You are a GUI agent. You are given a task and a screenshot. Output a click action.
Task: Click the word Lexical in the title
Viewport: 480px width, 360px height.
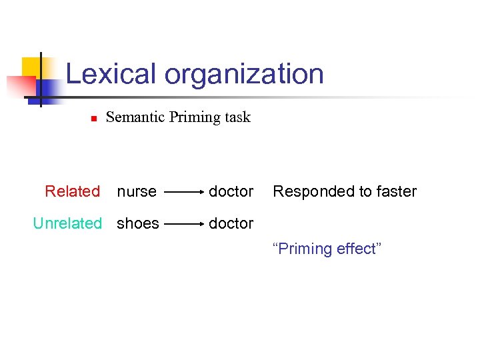113,74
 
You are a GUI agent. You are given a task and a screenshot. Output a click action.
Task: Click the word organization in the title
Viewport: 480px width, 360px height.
244,75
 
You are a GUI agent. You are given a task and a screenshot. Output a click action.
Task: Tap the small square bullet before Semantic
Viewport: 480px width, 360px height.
93,119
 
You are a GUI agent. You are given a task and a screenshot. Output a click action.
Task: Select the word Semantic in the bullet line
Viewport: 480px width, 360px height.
135,117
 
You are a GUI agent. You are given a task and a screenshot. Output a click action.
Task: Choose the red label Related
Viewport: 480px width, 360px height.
72,191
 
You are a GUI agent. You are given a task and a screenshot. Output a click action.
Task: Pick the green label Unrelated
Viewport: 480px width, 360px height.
67,223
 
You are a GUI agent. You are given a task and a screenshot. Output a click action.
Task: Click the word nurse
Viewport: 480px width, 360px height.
137,191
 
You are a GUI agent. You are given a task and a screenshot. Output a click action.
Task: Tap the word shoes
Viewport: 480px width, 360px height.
138,223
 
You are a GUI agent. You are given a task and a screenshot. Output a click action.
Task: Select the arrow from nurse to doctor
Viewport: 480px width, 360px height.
184,192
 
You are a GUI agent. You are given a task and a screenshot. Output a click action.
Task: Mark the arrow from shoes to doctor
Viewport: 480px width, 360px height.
184,224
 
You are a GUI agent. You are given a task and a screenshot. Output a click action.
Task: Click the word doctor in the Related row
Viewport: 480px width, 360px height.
231,191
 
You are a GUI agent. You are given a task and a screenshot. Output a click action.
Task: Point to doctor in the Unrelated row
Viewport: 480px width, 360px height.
231,223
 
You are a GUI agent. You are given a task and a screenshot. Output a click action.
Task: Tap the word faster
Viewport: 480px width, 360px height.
395,191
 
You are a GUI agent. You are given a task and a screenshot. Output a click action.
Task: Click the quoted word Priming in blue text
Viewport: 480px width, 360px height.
302,249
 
